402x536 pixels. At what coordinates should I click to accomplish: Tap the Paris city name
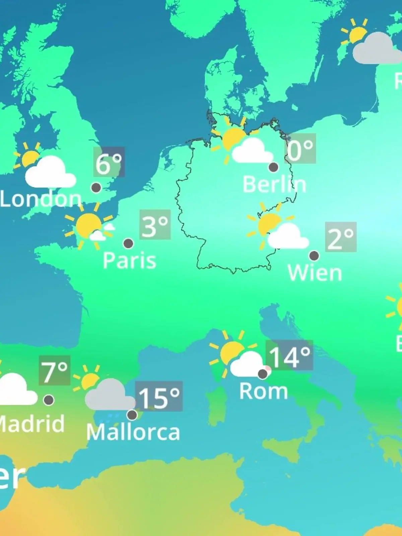click(x=129, y=260)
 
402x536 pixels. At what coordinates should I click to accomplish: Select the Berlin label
click(x=274, y=184)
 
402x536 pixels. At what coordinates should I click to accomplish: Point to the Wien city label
click(x=315, y=273)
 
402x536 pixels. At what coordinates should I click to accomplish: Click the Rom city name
click(x=264, y=391)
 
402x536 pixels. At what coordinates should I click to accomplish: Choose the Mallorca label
click(x=133, y=432)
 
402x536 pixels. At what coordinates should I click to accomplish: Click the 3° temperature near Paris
click(x=155, y=225)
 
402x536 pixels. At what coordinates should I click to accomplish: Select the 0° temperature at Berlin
click(x=300, y=149)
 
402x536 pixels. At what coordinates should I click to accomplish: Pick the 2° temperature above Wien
click(x=340, y=238)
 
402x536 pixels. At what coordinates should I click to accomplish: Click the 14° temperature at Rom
click(x=290, y=356)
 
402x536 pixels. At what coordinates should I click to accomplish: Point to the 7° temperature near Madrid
click(x=55, y=371)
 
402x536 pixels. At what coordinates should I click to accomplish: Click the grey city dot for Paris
click(x=128, y=243)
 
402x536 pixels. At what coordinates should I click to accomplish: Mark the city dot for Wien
click(x=314, y=256)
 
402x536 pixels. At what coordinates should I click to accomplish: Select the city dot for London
click(x=96, y=187)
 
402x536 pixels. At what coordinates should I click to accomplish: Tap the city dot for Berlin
click(x=273, y=167)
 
